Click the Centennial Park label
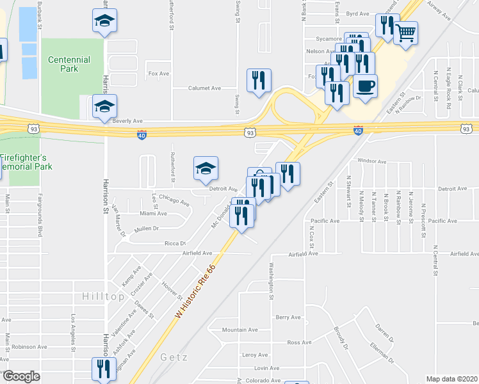pos(69,64)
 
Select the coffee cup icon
pos(365,86)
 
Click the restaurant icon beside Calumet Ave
pos(259,81)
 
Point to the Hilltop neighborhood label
pos(103,297)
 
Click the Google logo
pos(21,376)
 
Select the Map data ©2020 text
pos(451,379)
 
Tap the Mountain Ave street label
pos(239,330)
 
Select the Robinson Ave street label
pos(29,347)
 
